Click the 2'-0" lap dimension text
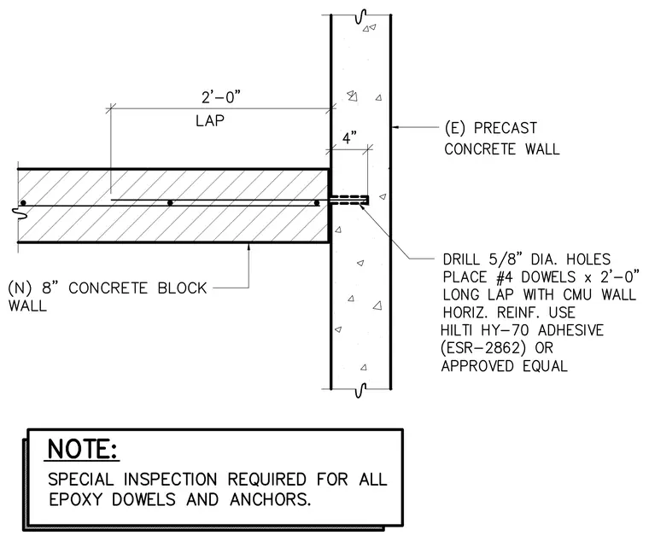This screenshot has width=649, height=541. [x=220, y=97]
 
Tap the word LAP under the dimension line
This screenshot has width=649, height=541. [x=210, y=121]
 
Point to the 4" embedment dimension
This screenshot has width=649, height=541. [x=350, y=137]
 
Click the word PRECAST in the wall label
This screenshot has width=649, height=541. [x=506, y=128]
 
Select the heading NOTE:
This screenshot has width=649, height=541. [x=82, y=449]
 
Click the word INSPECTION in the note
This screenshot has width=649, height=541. [x=171, y=480]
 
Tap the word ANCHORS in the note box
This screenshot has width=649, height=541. [x=270, y=500]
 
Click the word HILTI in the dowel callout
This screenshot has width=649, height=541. [x=457, y=330]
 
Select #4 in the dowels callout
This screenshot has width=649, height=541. [x=506, y=277]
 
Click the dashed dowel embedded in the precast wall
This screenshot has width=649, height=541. [x=350, y=200]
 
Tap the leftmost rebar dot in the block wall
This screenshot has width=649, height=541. [x=24, y=203]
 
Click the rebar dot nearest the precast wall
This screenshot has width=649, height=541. [x=317, y=203]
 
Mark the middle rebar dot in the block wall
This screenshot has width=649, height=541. [x=170, y=203]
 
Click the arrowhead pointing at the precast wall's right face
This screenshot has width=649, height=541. [x=395, y=127]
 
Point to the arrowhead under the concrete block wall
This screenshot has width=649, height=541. [x=248, y=247]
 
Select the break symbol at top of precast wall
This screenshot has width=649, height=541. [x=361, y=16]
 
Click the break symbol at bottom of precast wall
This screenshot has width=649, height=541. [x=361, y=389]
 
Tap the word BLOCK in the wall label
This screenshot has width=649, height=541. [x=182, y=288]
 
